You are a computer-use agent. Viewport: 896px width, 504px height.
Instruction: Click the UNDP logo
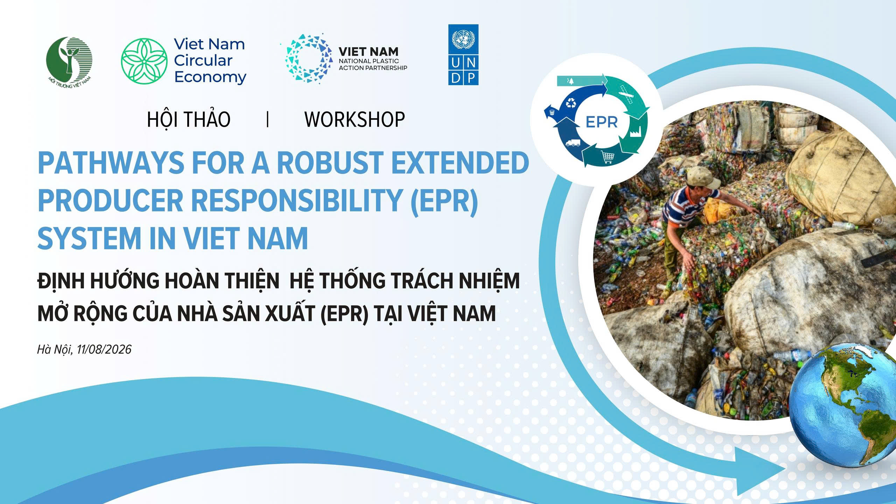point(463,55)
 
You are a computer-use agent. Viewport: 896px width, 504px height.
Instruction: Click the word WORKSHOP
point(355,119)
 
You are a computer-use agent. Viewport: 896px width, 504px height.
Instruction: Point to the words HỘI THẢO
point(189,119)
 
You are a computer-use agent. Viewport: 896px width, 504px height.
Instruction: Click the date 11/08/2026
point(104,349)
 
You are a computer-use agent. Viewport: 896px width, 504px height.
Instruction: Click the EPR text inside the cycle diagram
point(602,122)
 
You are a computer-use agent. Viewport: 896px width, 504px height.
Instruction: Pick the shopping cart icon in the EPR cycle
point(607,157)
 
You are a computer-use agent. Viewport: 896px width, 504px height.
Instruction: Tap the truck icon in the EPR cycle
point(573,143)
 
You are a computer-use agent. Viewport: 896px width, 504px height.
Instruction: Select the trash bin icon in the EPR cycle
point(552,112)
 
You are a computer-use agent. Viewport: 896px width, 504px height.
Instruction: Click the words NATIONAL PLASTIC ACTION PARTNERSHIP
point(373,64)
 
